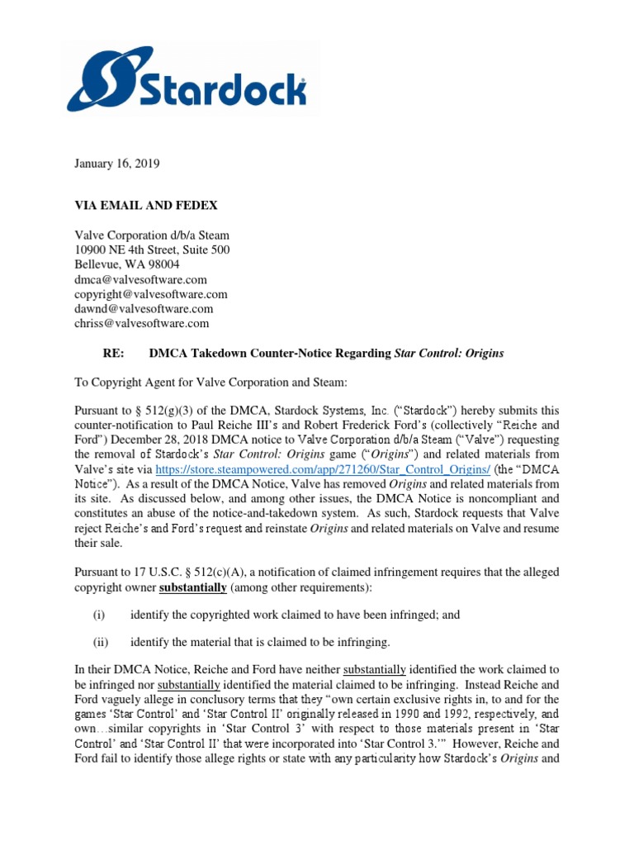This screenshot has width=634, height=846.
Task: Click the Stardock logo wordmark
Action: coord(225,90)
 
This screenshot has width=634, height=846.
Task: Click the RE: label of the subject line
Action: coord(111,354)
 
